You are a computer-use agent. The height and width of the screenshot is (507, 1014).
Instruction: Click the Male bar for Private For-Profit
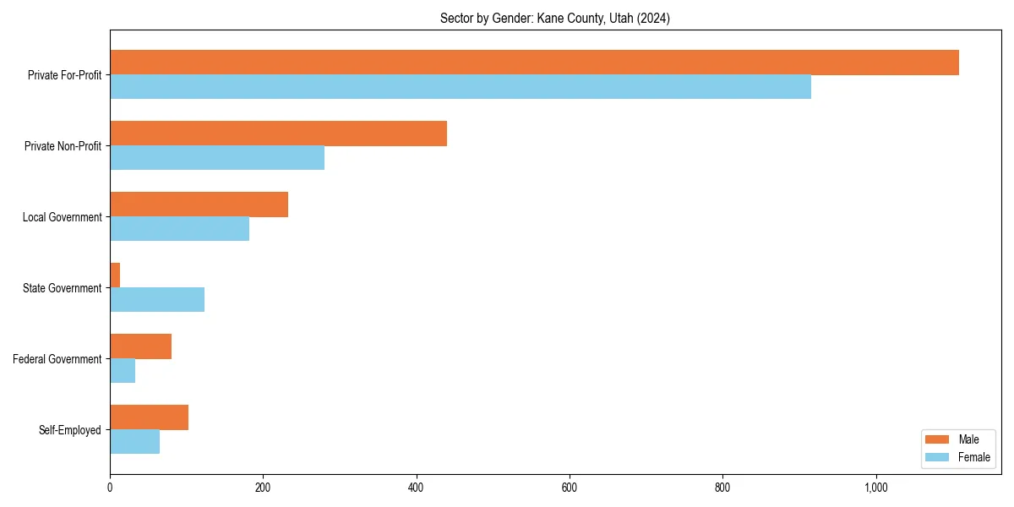(534, 63)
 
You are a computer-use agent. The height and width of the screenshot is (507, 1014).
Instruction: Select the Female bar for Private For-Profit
(461, 87)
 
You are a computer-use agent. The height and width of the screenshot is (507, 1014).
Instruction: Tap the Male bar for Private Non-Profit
(278, 134)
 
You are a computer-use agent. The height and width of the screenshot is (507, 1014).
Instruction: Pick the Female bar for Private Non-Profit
(217, 158)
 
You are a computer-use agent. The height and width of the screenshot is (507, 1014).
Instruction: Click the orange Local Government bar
(199, 204)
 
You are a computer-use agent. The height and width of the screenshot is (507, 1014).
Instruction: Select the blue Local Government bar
(179, 229)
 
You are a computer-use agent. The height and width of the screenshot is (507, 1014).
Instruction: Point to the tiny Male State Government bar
(115, 275)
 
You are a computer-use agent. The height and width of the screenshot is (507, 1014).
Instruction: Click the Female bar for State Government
(157, 300)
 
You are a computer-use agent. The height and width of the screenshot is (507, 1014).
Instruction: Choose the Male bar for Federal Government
(140, 346)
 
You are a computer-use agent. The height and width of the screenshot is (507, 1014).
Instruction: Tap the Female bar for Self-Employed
(134, 442)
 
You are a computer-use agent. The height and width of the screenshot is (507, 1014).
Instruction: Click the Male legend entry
(957, 439)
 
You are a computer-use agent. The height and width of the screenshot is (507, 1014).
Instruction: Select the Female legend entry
(957, 457)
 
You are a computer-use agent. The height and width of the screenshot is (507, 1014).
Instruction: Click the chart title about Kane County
(555, 19)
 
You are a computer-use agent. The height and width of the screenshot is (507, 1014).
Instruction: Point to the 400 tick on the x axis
(416, 488)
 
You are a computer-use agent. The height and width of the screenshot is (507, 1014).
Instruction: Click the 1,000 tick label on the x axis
(875, 488)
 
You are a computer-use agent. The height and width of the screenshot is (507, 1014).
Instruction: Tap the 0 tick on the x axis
(110, 488)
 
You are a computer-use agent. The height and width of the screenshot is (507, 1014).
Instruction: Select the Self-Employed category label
(69, 430)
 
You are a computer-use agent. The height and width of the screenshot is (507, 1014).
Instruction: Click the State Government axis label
(62, 288)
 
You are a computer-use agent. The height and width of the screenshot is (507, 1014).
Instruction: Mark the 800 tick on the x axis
(722, 488)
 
